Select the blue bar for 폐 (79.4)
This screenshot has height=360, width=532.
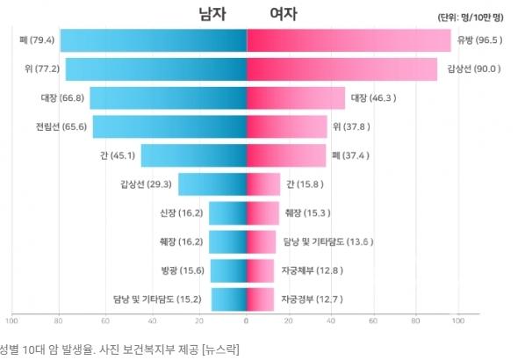[154, 40]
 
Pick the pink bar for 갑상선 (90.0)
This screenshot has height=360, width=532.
[341, 69]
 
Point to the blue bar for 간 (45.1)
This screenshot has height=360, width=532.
[194, 155]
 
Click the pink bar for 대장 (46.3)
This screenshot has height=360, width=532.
[296, 97]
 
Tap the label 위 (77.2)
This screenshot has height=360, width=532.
[42, 69]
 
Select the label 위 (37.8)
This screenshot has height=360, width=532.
[353, 126]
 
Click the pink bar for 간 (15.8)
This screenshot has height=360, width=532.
[263, 184]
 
